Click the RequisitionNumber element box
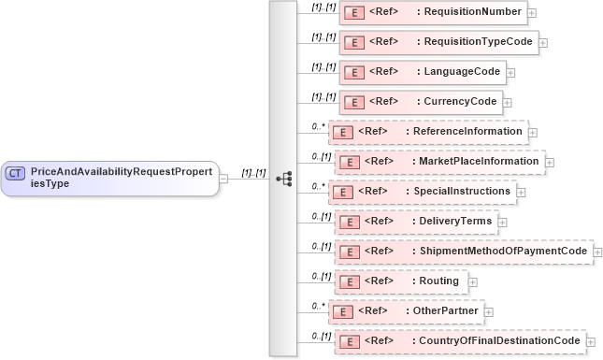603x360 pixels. click(433, 13)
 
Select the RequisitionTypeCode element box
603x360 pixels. click(438, 42)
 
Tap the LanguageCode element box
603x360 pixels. click(423, 72)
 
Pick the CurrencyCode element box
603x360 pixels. click(421, 102)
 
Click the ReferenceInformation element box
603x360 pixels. click(429, 132)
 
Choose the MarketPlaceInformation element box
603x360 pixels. click(439, 162)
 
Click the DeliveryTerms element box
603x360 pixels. click(416, 222)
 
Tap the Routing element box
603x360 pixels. click(400, 281)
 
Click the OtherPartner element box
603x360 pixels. click(406, 311)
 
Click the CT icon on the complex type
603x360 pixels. click(16, 173)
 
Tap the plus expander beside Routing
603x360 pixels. click(472, 281)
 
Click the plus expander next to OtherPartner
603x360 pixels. click(489, 311)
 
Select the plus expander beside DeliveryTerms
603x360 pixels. click(502, 222)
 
